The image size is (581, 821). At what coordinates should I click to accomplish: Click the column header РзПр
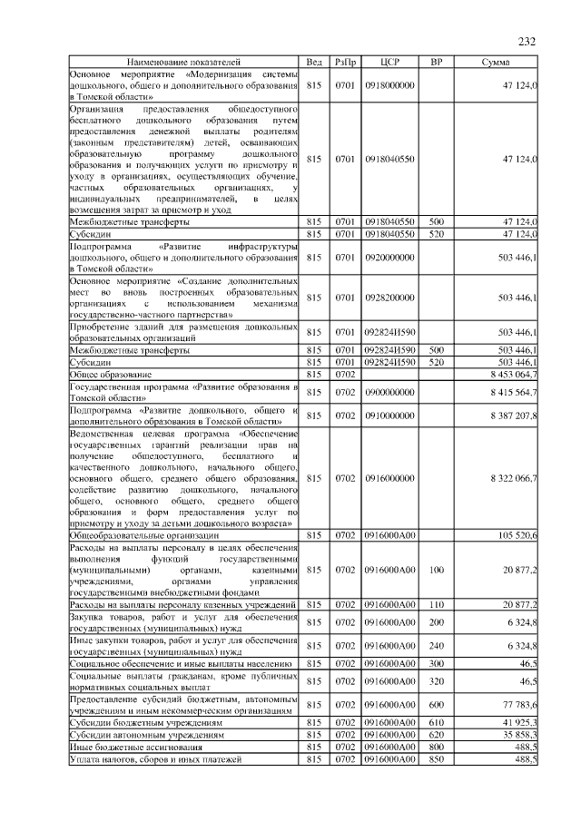[344, 62]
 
